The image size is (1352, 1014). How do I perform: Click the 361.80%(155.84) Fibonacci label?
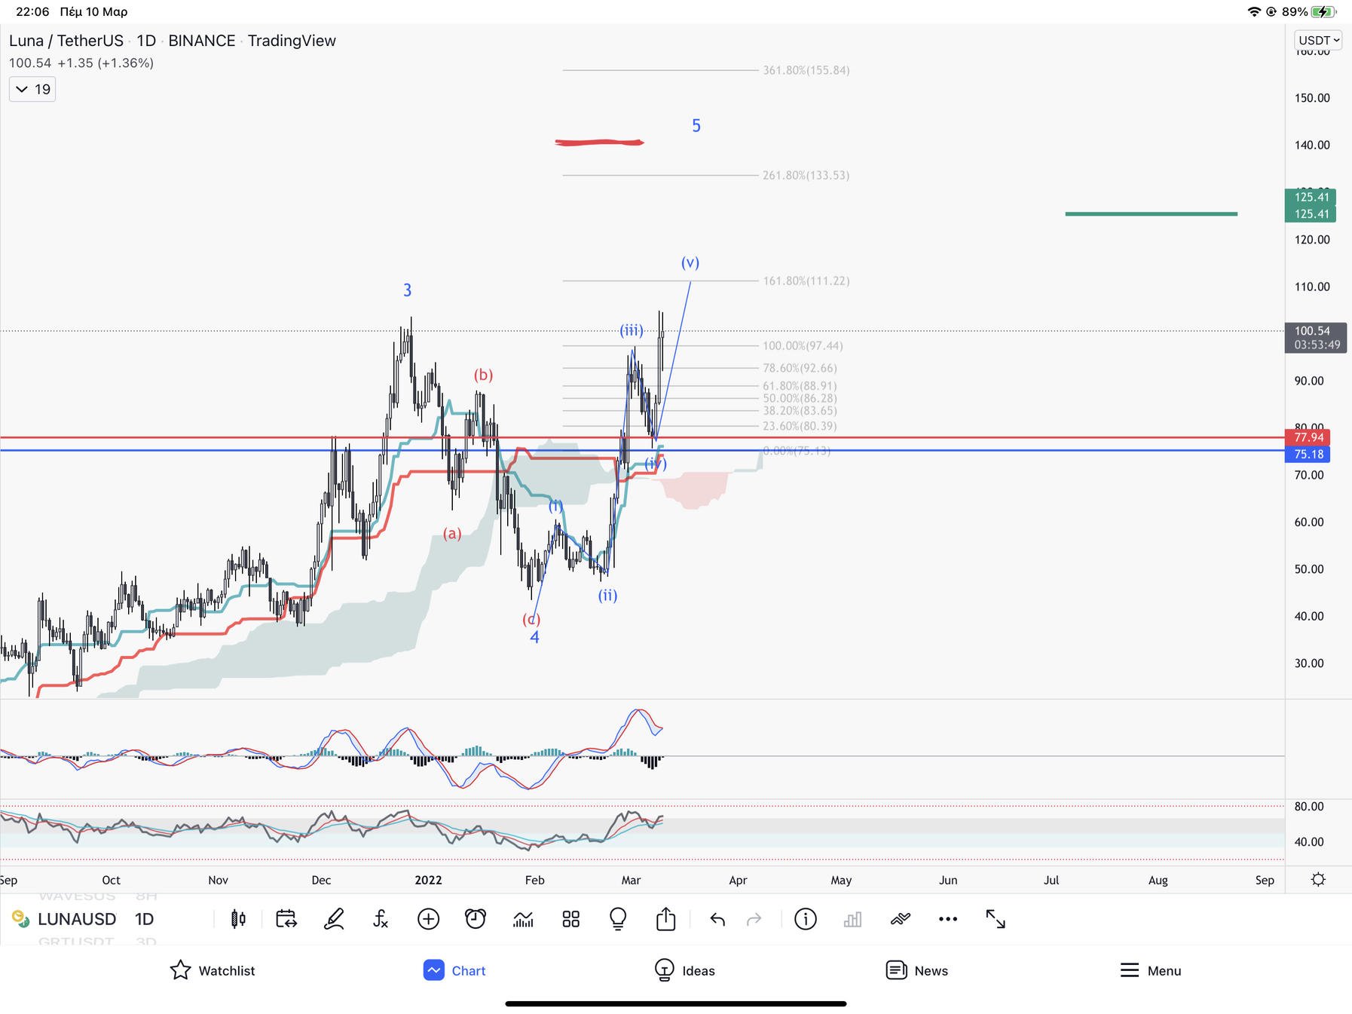pos(806,70)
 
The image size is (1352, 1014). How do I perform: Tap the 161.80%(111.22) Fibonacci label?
pos(806,280)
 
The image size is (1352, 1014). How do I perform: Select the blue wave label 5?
pos(696,126)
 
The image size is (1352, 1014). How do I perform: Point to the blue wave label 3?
pos(408,290)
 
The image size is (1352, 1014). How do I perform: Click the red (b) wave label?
pos(483,375)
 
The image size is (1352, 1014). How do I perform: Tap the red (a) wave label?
pos(452,534)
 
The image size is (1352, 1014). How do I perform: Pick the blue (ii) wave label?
pos(607,596)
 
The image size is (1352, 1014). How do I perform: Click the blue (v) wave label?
pos(690,262)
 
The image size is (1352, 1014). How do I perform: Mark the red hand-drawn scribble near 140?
pos(599,142)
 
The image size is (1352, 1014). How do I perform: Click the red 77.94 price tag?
pos(1308,437)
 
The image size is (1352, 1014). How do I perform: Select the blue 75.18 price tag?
pos(1308,454)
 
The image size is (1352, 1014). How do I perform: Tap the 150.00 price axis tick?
pos(1311,98)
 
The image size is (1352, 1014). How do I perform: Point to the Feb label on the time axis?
pos(534,880)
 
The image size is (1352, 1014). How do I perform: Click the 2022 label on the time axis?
pos(428,880)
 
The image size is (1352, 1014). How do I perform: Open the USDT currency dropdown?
pos(1318,40)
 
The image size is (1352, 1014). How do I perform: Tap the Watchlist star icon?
pos(181,970)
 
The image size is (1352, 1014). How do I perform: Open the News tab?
pos(916,970)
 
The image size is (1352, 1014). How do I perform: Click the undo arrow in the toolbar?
pos(717,919)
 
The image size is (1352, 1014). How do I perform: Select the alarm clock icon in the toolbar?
pos(476,919)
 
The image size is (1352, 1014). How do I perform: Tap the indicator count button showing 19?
pos(32,89)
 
